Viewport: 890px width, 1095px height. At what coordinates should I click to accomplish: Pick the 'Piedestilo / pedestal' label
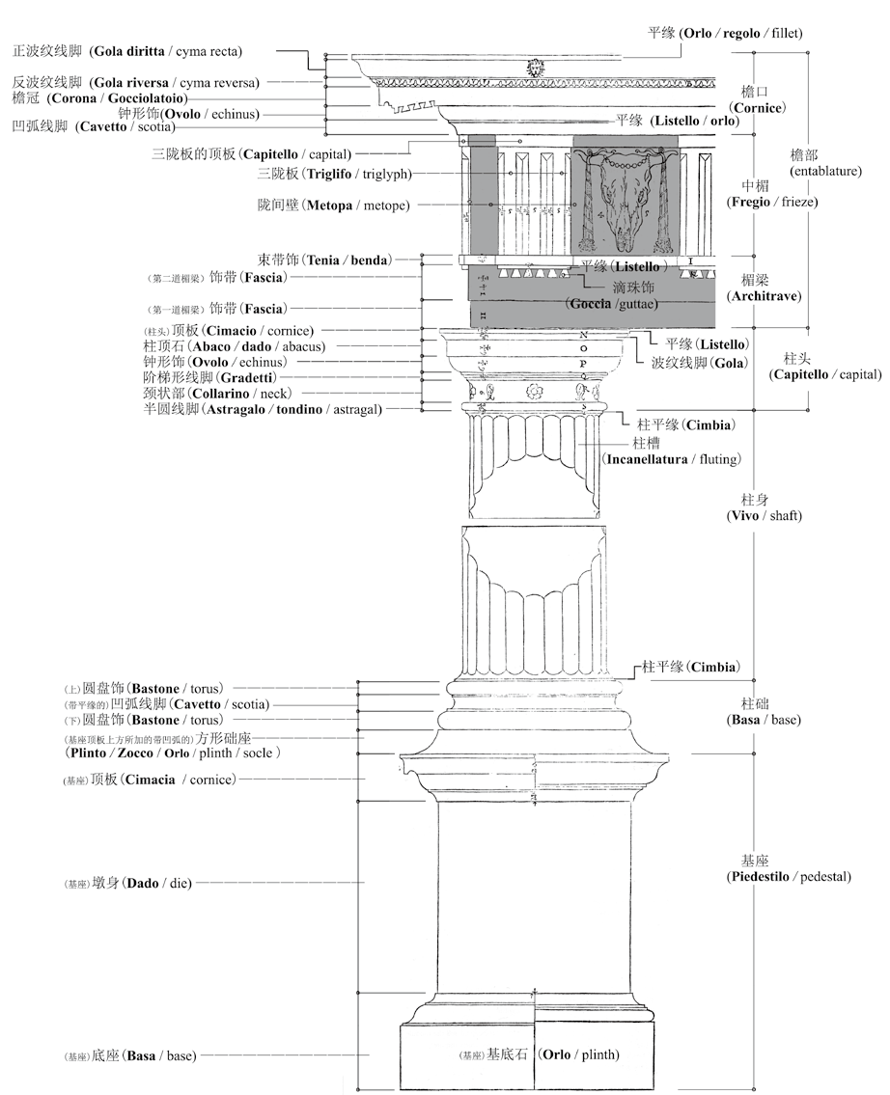coord(789,877)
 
